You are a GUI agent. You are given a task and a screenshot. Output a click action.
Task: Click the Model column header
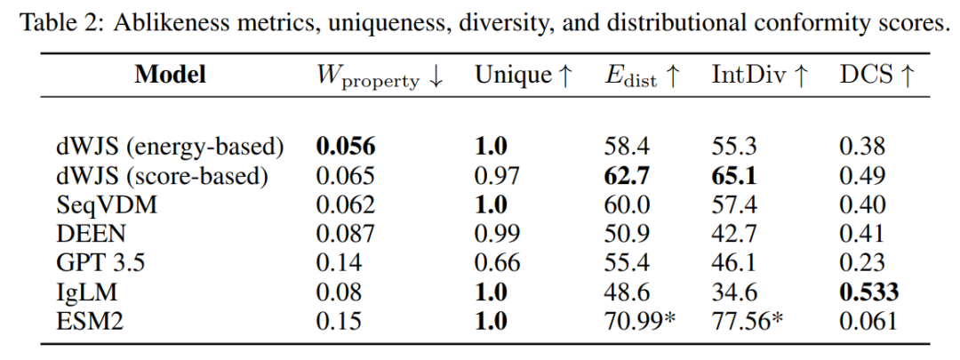(170, 75)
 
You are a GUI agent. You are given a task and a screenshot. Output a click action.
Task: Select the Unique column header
(523, 76)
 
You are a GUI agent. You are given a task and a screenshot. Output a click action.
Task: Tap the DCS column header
(876, 76)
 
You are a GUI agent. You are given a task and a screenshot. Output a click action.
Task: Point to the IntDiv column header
(760, 76)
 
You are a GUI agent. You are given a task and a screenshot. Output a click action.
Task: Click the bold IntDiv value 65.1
(735, 176)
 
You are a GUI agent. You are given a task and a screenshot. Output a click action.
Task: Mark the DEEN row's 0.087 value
(346, 234)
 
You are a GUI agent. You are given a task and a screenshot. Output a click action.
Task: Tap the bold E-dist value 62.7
(627, 176)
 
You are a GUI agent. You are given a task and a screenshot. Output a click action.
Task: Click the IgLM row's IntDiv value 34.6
(734, 291)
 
